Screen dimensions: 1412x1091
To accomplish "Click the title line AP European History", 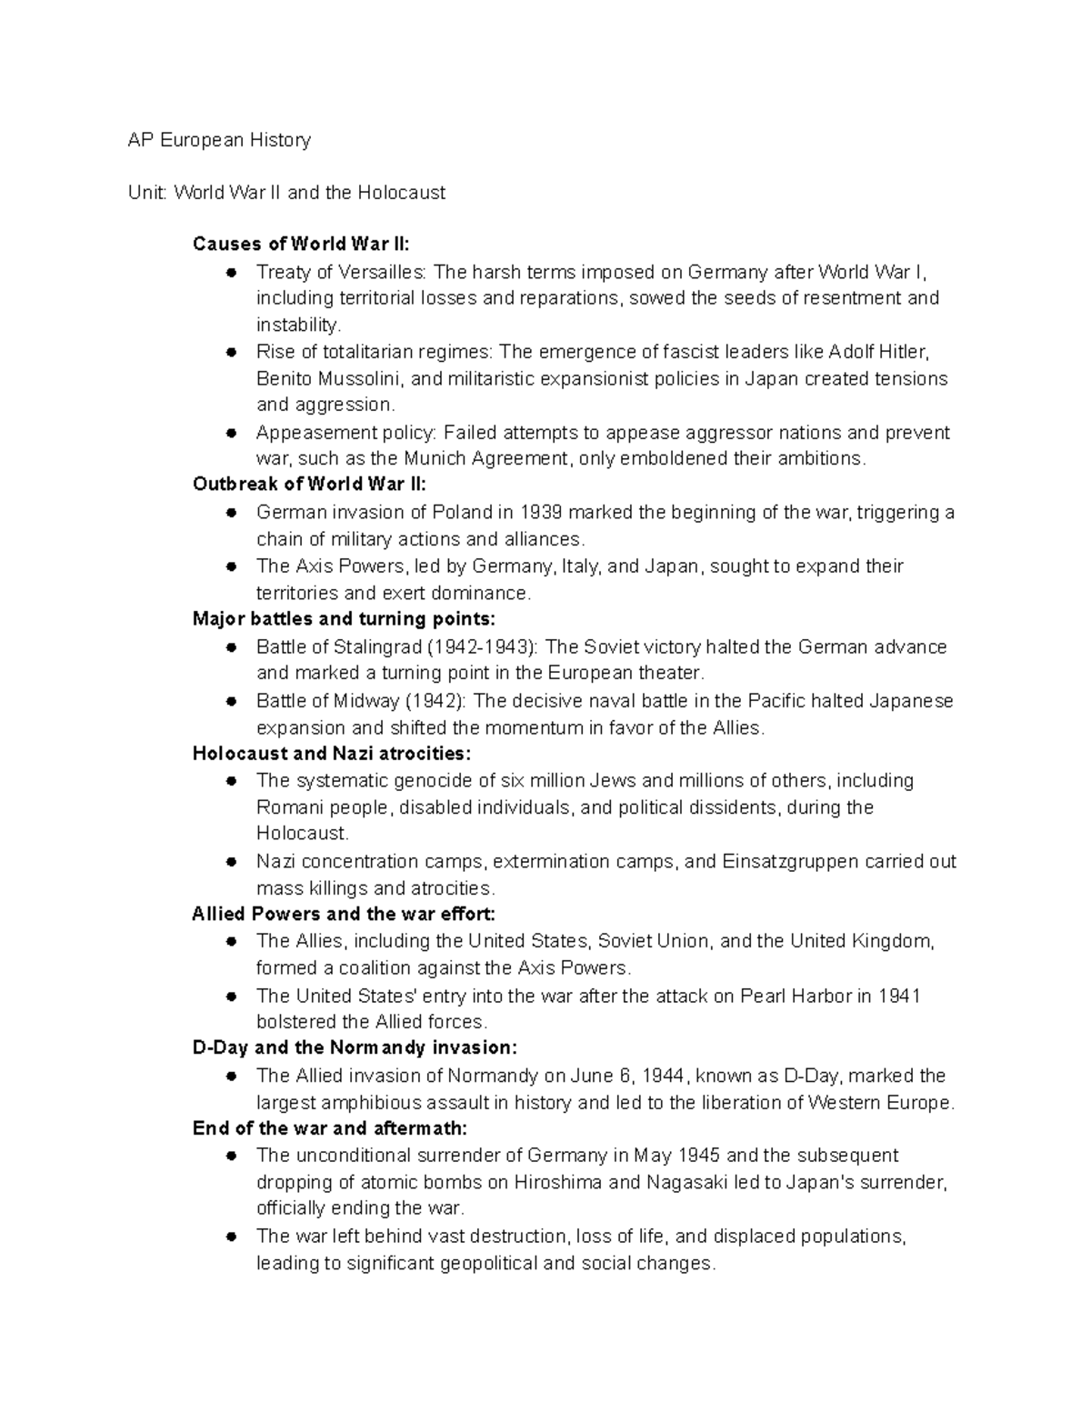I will coord(219,140).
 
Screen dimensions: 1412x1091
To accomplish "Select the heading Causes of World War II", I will coord(301,244).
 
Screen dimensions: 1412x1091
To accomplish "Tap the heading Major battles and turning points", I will coord(345,619).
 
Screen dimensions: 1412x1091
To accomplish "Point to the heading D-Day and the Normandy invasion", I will coord(355,1047).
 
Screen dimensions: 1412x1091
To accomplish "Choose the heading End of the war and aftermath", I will coord(330,1128).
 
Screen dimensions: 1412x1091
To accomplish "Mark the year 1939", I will coord(543,512).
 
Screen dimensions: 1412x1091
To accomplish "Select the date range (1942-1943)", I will coord(483,647).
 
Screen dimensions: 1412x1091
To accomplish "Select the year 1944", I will coord(662,1076).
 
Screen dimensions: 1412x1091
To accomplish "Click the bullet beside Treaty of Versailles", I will coord(233,272).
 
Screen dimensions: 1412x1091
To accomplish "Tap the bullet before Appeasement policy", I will coord(233,432).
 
